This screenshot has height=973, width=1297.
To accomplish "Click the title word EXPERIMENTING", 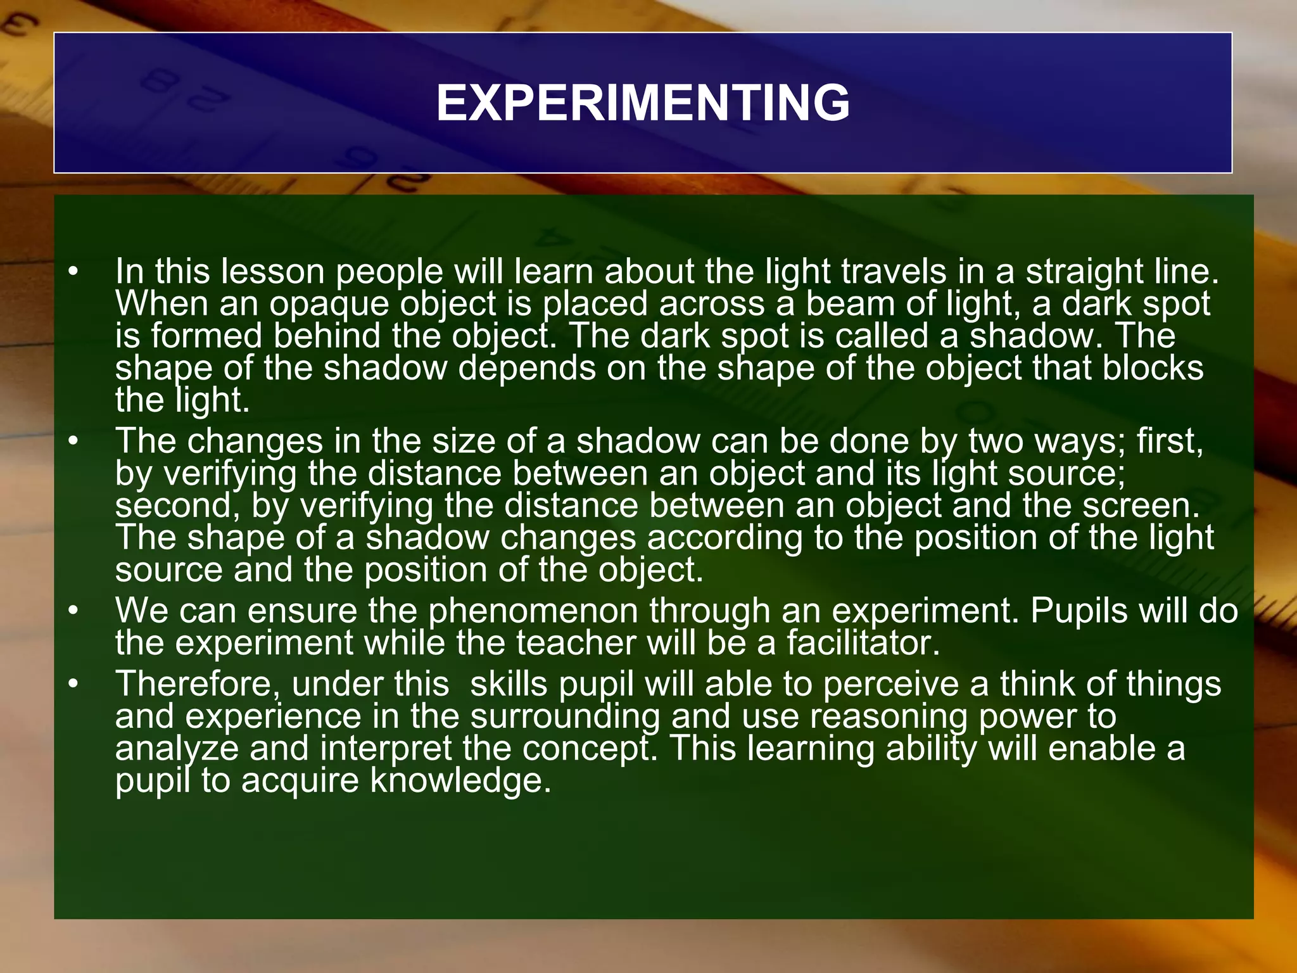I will pos(643,103).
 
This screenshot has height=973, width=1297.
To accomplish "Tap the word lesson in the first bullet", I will pos(272,272).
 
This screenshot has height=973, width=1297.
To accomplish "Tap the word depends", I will pos(527,369).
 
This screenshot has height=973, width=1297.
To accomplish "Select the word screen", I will pos(1141,506).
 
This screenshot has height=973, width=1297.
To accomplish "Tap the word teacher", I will pos(576,644).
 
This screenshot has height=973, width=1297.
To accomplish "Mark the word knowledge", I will pos(460,781).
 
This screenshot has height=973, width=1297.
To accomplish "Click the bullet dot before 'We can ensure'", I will pos(74,611).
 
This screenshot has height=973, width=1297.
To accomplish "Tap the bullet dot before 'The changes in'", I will pos(74,442).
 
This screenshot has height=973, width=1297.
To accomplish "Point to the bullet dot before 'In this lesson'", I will pos(74,272).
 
